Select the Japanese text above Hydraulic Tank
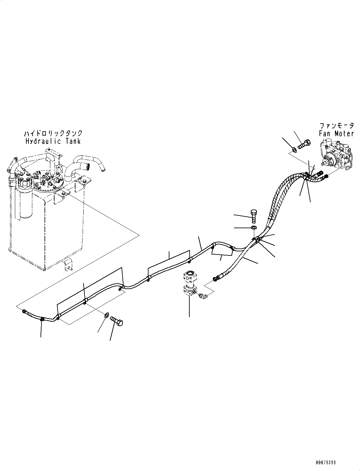[x=53, y=133]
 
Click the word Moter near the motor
[x=344, y=133]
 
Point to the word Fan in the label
[x=325, y=133]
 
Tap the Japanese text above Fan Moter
[x=337, y=126]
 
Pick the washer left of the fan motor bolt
[x=295, y=149]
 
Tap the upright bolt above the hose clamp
[x=254, y=216]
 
